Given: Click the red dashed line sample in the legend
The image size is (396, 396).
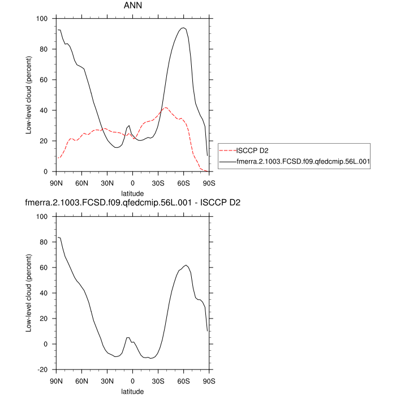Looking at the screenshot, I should coord(226,150).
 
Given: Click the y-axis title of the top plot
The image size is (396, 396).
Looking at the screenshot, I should coord(28,95).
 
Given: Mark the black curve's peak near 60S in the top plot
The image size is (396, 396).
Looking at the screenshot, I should coord(183,28).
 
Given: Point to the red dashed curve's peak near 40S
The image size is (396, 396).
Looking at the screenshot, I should coord(166,107).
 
